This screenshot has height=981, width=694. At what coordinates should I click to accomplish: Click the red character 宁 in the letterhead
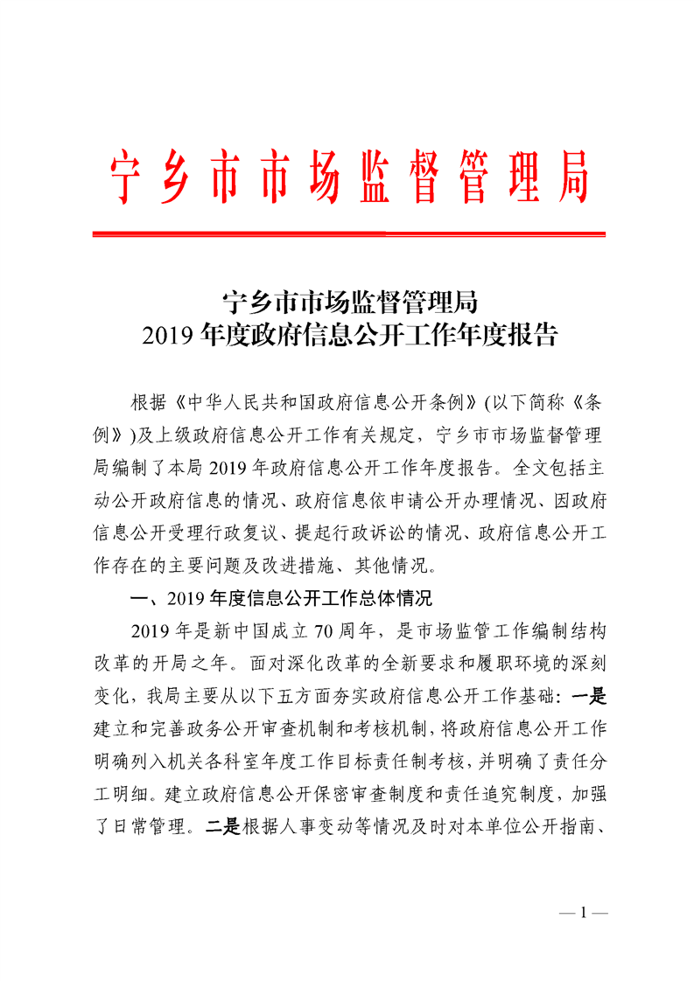(x=124, y=177)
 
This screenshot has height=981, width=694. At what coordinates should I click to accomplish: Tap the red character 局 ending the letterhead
(x=572, y=177)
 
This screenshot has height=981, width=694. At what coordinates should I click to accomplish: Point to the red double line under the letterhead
(x=348, y=233)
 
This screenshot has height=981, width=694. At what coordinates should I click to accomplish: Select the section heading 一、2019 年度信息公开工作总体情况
(x=280, y=600)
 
